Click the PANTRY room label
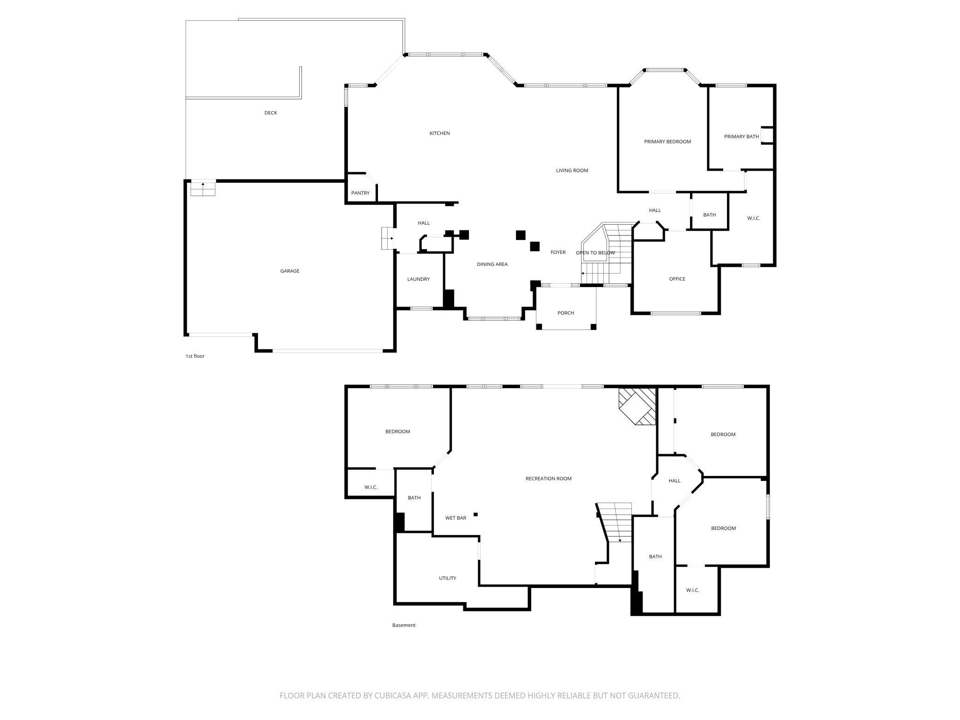360,193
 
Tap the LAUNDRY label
418,279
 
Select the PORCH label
565,313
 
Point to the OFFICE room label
677,279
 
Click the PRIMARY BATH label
741,137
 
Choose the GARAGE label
290,271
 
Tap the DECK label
270,113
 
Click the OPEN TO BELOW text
595,253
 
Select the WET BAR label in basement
456,518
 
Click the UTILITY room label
447,578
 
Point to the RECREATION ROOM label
548,479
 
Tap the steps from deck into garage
203,188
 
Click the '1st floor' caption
195,356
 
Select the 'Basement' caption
404,625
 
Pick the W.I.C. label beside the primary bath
753,218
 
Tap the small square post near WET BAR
475,514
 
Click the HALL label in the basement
674,481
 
